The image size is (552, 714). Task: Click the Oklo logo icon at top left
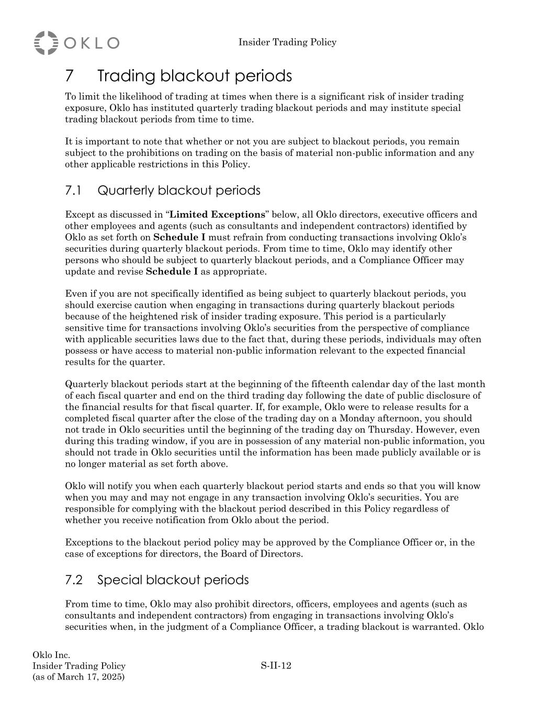pyautogui.click(x=46, y=42)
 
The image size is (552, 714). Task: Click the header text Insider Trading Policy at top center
pyautogui.click(x=287, y=42)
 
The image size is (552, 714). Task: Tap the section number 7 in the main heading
pyautogui.click(x=70, y=76)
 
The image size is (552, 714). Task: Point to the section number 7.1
pyautogui.click(x=73, y=190)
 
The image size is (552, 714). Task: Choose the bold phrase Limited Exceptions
pyautogui.click(x=218, y=214)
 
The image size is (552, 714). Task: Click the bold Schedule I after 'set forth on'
pyautogui.click(x=179, y=237)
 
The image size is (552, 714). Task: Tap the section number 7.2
pyautogui.click(x=74, y=580)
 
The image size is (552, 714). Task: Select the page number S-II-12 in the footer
pyautogui.click(x=276, y=666)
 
